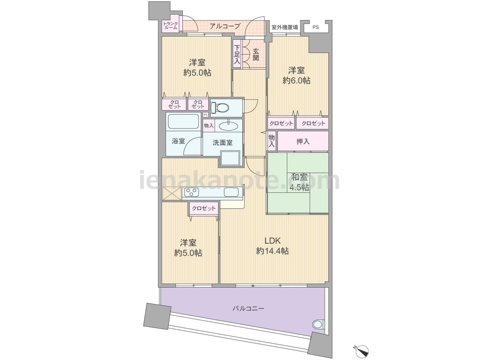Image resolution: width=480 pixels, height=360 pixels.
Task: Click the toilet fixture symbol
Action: pyautogui.click(x=220, y=107)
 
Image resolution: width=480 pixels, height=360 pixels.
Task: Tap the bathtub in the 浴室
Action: pyautogui.click(x=183, y=121)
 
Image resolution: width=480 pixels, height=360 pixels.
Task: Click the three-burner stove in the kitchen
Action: pyautogui.click(x=191, y=192)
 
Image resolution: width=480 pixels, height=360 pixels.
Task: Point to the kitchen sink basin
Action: pyautogui.click(x=231, y=192)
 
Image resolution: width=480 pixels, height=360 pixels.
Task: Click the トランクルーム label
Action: pyautogui.click(x=170, y=25)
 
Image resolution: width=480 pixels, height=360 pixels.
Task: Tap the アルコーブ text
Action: pyautogui.click(x=225, y=26)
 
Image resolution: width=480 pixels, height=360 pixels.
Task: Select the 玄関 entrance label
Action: pyautogui.click(x=256, y=54)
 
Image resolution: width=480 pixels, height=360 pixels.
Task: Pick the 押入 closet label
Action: pyautogui.click(x=303, y=142)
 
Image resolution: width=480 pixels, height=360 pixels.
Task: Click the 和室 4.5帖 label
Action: pyautogui.click(x=300, y=182)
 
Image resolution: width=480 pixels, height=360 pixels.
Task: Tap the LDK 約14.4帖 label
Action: pyautogui.click(x=273, y=246)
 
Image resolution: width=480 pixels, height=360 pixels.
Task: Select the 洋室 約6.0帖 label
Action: pyautogui.click(x=296, y=76)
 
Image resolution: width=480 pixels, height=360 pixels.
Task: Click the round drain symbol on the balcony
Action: pyautogui.click(x=318, y=324)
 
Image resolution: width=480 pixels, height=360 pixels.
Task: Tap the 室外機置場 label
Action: pyautogui.click(x=285, y=27)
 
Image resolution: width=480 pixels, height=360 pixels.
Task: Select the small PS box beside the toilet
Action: pyautogui.click(x=206, y=115)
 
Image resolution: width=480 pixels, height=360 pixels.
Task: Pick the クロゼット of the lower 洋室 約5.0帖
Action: pyautogui.click(x=204, y=209)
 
